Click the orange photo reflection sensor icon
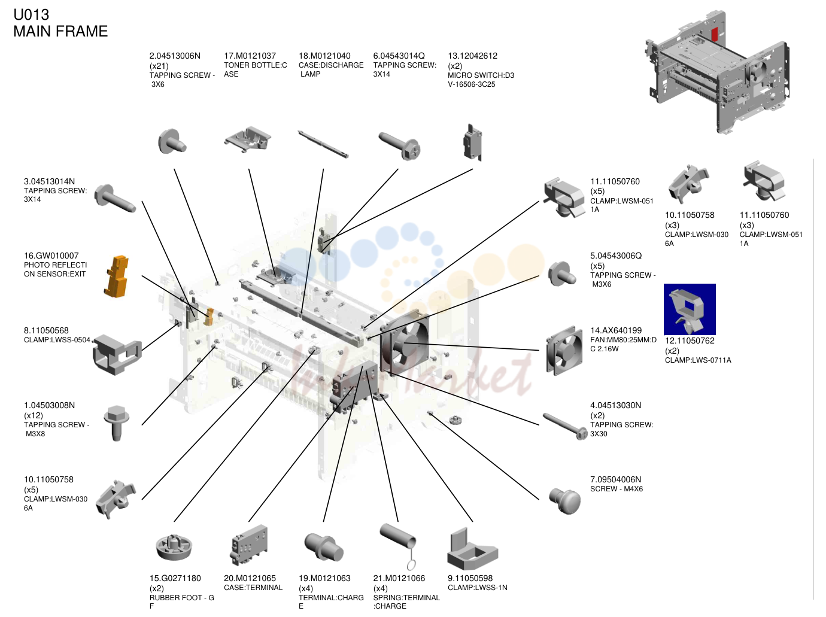tap(116, 276)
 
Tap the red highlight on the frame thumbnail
tap(715, 34)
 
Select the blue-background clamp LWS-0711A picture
tap(690, 309)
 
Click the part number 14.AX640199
tap(616, 330)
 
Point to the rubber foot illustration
tap(174, 546)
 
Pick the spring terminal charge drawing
tap(399, 546)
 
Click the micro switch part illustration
tap(472, 142)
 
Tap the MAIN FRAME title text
tap(60, 31)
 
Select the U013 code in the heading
tap(31, 15)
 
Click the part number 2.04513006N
tap(175, 56)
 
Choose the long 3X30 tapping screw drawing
tap(565, 426)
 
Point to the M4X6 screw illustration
tap(565, 500)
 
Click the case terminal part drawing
tap(249, 545)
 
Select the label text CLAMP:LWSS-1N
tap(478, 588)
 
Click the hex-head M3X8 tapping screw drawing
tap(117, 423)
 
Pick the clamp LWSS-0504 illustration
tap(117, 354)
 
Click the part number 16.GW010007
tap(51, 256)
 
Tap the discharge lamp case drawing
tap(323, 144)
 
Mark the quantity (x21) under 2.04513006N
tap(159, 66)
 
